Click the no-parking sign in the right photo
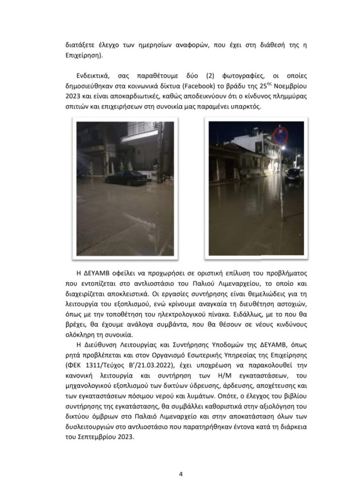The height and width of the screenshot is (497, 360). click(x=280, y=135)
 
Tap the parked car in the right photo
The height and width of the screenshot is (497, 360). click(x=293, y=174)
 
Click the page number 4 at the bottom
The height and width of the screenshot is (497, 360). click(x=180, y=474)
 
